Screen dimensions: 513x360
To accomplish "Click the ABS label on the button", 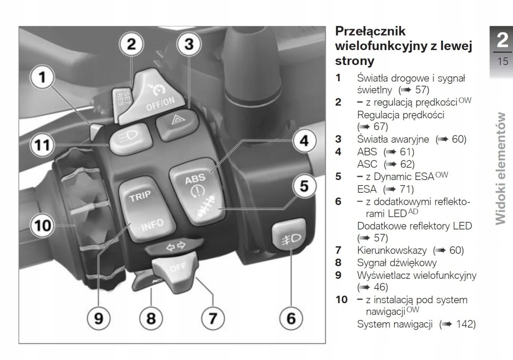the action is [195, 178].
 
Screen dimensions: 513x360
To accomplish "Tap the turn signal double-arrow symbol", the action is [177, 247].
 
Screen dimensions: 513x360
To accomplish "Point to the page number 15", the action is [503, 62].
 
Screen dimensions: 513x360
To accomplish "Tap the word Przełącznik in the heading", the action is [370, 32].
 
